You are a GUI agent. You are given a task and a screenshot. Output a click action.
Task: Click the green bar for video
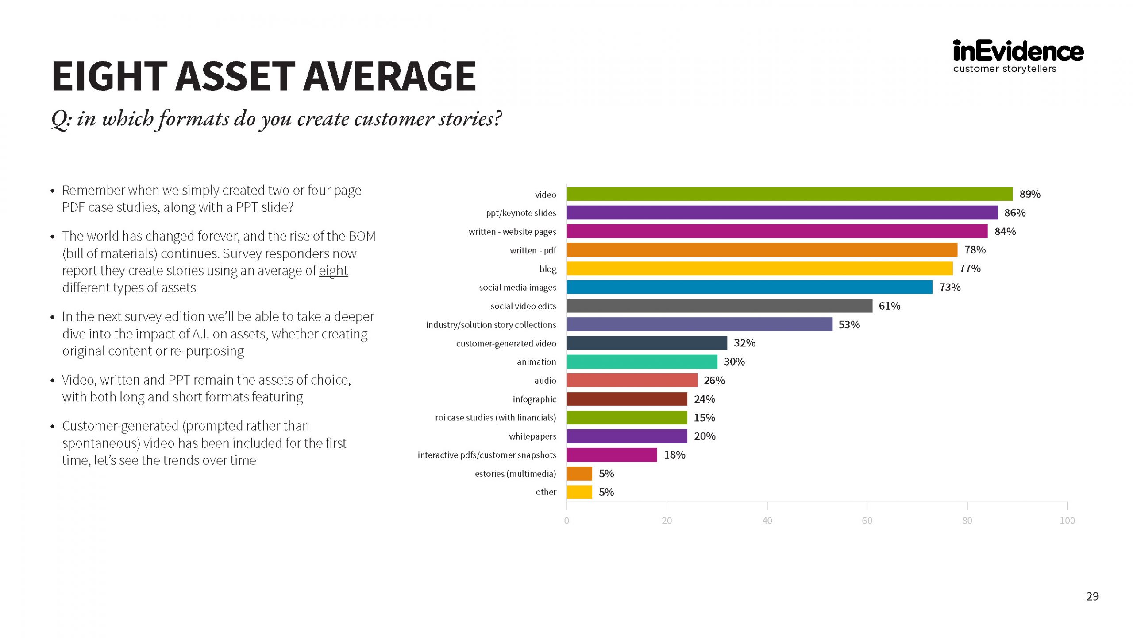[x=790, y=194]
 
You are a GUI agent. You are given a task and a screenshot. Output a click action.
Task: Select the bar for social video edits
[x=719, y=306]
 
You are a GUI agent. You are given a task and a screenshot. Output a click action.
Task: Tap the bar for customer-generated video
[x=647, y=343]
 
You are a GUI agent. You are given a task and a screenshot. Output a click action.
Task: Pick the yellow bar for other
[x=579, y=492]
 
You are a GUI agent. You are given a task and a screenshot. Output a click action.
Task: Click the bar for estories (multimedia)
[x=579, y=473]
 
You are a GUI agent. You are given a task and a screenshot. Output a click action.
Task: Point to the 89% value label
[x=1030, y=194]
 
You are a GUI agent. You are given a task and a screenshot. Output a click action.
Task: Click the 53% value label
[x=849, y=325]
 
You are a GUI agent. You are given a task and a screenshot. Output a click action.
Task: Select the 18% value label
[x=674, y=455]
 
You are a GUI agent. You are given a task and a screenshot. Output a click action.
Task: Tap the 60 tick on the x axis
[x=867, y=521]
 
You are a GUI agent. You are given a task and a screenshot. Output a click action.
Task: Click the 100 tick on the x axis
[x=1067, y=521]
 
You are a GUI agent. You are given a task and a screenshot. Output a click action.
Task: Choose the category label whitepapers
[x=532, y=436]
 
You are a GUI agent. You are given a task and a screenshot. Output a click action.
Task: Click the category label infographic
[x=534, y=399]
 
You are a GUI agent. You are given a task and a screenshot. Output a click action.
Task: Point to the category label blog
[x=548, y=269]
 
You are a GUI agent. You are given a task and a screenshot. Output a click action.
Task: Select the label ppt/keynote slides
[x=521, y=213]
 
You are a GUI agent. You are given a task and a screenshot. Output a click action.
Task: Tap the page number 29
[x=1092, y=596]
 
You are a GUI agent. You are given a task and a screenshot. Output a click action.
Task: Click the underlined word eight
[x=333, y=271]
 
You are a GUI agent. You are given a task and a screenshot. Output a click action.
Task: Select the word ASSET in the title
[x=235, y=76]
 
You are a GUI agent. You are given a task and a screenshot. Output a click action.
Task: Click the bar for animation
[x=642, y=362]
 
